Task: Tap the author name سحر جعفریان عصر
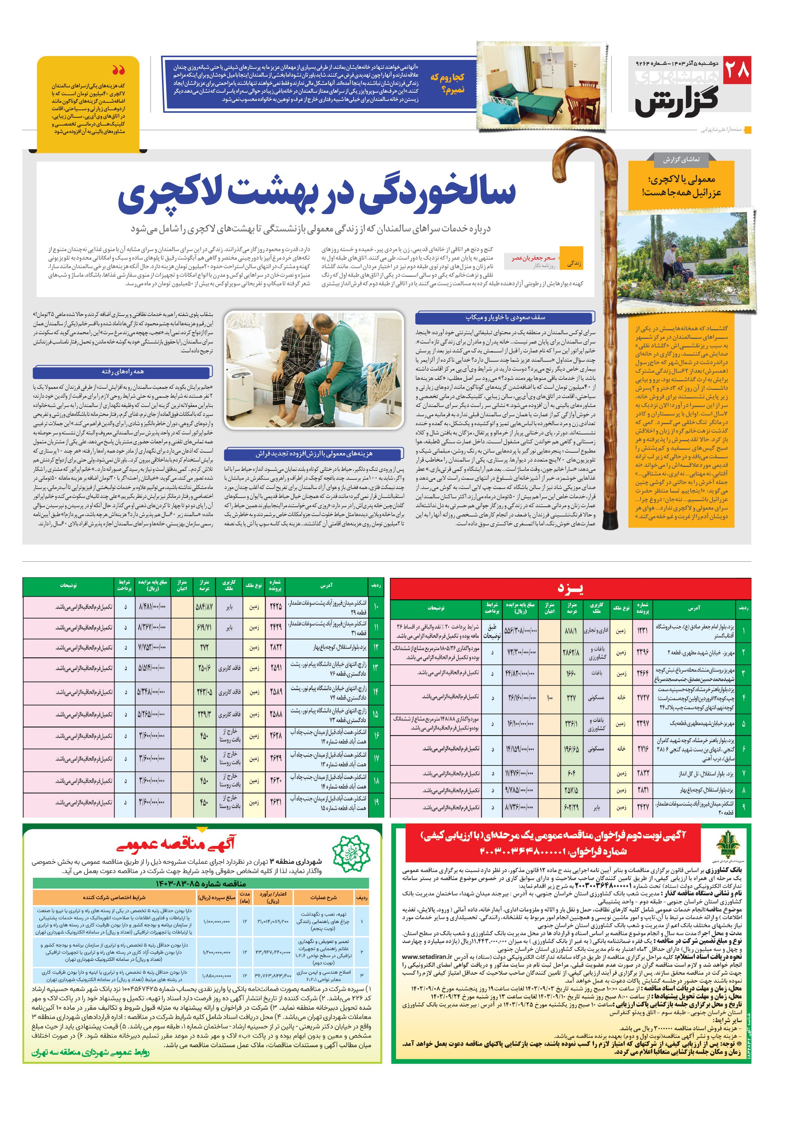[x=533, y=258]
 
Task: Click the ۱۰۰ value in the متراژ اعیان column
[x=549, y=698]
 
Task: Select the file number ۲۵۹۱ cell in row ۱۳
[x=275, y=668]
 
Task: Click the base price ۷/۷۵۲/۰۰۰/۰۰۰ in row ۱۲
[x=152, y=647]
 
